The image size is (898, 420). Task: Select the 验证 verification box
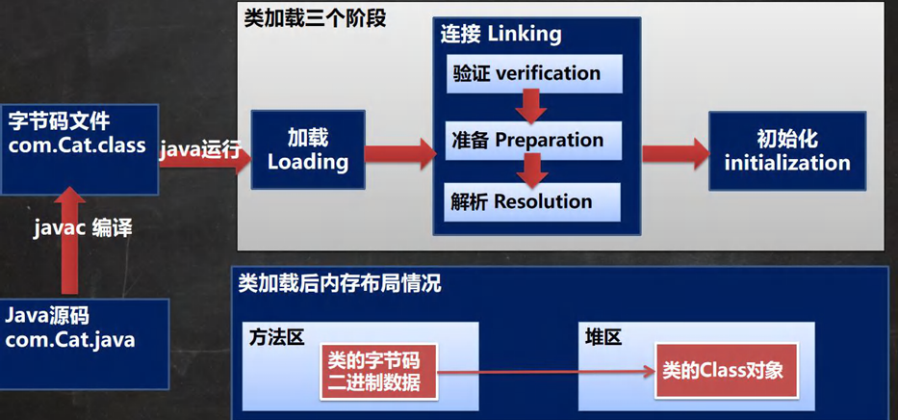click(x=534, y=74)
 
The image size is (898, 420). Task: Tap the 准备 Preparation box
click(x=534, y=141)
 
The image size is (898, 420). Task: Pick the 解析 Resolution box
click(x=534, y=202)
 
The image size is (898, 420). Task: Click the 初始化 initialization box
click(x=786, y=150)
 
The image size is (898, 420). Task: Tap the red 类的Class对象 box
click(x=727, y=371)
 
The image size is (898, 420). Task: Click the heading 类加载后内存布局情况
click(x=339, y=284)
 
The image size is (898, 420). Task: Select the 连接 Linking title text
click(x=500, y=35)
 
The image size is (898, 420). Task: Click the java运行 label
click(x=198, y=146)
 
